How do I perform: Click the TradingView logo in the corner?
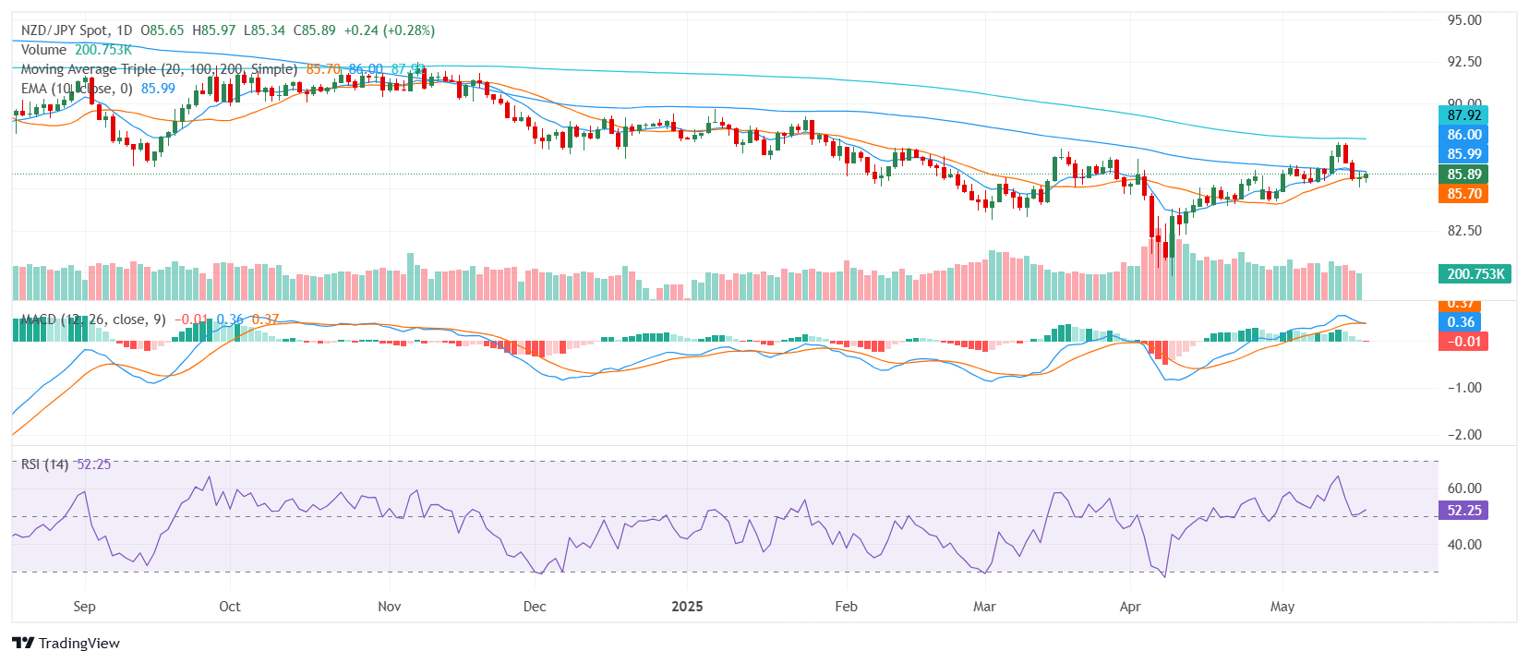(x=66, y=643)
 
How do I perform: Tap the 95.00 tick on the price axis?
(x=1464, y=20)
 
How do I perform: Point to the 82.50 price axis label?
(x=1464, y=231)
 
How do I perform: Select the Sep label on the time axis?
(x=84, y=607)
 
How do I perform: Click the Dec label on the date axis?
(x=535, y=607)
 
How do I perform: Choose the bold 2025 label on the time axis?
(x=687, y=607)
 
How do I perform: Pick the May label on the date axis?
(x=1282, y=607)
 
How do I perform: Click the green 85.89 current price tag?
(x=1463, y=174)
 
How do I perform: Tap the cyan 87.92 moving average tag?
(x=1463, y=115)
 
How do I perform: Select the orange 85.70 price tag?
(x=1463, y=194)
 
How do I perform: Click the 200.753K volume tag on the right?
(x=1475, y=274)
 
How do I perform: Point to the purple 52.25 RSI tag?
(x=1463, y=511)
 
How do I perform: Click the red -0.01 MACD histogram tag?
(x=1463, y=342)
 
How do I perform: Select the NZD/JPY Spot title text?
(x=65, y=30)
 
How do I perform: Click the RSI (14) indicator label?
(x=44, y=464)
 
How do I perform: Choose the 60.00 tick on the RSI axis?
(x=1464, y=488)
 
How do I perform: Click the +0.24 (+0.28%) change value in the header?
(x=389, y=30)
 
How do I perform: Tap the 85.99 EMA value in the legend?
(x=158, y=89)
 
